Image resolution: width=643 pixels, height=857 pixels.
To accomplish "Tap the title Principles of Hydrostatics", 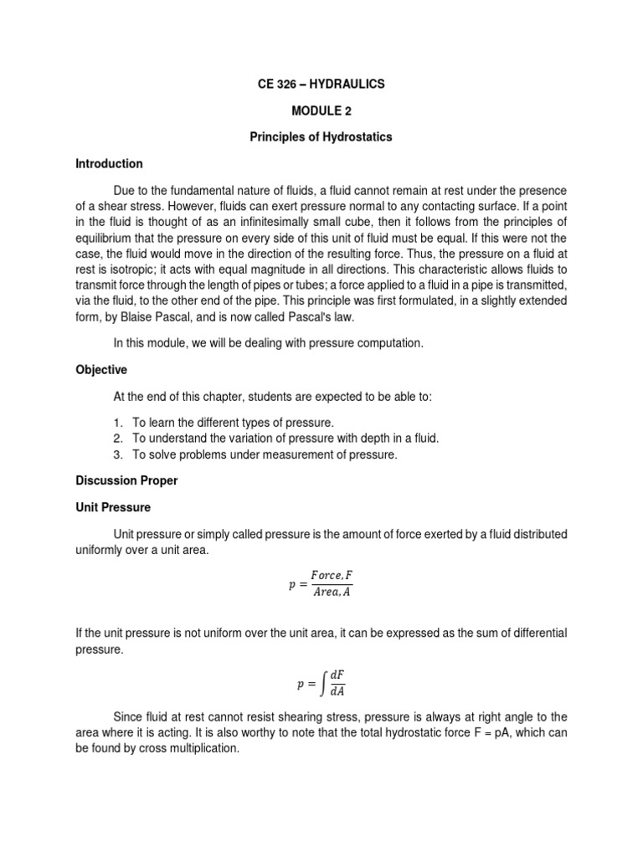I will (321, 137).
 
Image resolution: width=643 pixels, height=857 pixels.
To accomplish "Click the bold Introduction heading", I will (110, 163).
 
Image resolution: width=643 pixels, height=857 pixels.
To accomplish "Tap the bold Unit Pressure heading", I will (114, 507).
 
